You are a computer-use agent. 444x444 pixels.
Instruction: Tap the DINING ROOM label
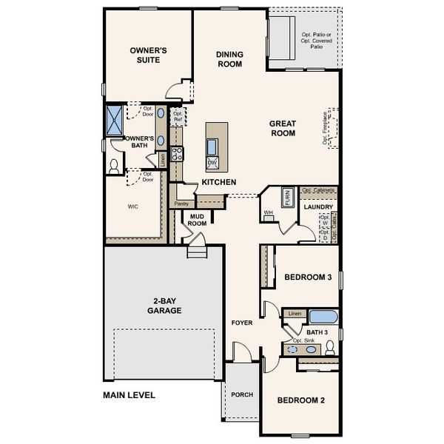pos(229,59)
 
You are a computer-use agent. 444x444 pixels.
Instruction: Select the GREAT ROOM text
pos(283,129)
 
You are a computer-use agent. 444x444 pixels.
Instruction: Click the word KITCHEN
pos(219,182)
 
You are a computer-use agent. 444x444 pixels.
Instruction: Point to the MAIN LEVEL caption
pos(129,395)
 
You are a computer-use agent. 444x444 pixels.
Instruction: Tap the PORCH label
pos(242,395)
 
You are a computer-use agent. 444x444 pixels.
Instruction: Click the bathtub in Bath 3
pos(323,319)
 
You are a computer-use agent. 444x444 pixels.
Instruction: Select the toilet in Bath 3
pos(330,347)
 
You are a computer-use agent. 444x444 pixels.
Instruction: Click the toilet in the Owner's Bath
pos(115,165)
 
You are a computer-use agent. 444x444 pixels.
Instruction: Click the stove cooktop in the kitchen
pos(178,154)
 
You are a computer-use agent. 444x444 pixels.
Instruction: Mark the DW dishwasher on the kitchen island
pos(212,163)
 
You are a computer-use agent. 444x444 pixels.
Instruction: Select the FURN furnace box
pos(287,198)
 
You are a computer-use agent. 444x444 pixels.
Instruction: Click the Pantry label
pos(181,203)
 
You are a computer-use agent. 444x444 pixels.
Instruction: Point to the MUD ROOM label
pos(197,220)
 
